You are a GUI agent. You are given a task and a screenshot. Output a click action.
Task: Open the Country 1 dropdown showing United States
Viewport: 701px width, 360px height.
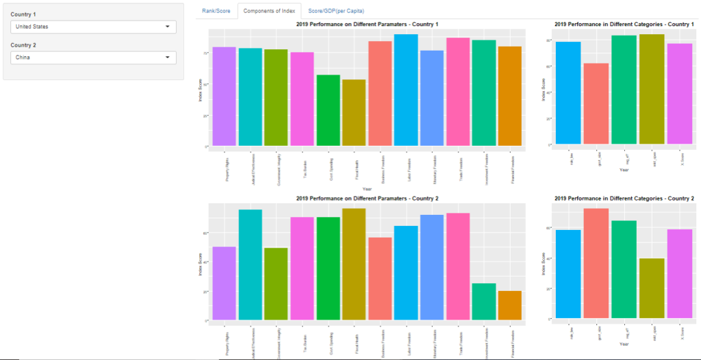point(93,27)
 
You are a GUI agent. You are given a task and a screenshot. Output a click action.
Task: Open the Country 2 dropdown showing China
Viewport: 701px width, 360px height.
point(93,57)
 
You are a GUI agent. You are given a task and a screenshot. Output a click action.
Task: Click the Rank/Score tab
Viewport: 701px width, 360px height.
point(216,11)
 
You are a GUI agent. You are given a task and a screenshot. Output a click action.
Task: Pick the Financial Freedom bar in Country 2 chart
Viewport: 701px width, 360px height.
point(510,305)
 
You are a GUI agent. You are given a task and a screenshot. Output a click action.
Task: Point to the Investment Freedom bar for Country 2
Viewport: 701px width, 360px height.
point(484,301)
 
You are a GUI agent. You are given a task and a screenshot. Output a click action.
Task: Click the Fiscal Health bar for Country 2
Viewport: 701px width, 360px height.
point(354,263)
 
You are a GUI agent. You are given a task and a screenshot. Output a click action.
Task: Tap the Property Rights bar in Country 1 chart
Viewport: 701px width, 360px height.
point(225,96)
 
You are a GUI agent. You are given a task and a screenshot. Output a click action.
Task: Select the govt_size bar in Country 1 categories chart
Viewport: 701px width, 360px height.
point(596,103)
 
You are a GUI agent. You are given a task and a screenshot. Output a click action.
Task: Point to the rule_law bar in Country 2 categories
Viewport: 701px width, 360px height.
point(568,274)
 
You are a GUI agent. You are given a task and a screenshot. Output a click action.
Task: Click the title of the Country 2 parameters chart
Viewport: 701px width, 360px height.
point(367,198)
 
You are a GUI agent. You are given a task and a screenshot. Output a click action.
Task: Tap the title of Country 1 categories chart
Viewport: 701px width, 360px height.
point(624,25)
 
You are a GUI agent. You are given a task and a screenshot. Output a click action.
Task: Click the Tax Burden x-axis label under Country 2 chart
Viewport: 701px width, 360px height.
point(302,338)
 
